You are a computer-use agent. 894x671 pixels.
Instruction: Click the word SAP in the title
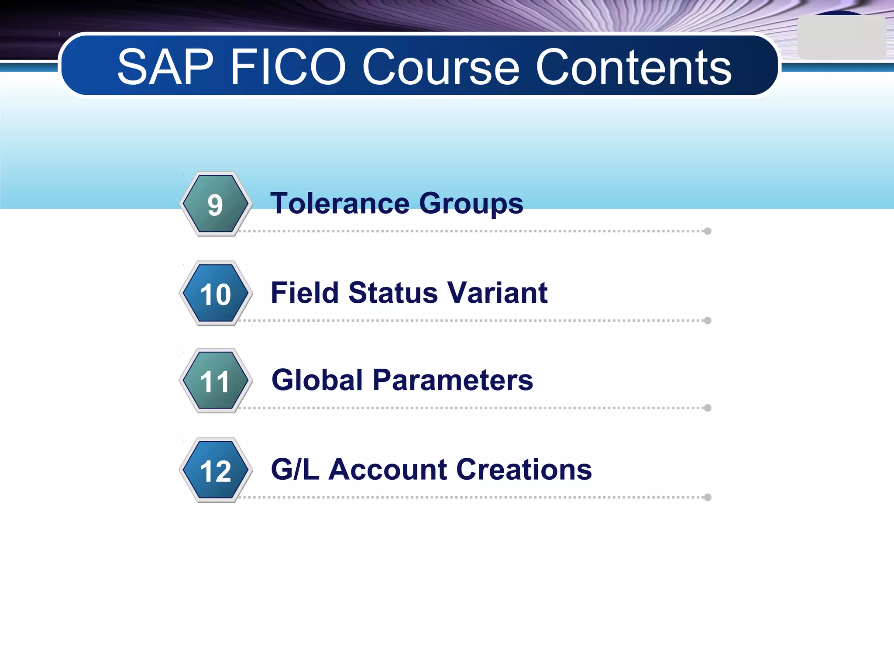165,67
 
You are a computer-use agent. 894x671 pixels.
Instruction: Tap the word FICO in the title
288,67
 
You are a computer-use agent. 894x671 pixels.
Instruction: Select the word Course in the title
441,67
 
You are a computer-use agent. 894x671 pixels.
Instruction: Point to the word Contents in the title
633,67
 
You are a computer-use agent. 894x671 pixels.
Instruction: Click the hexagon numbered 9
215,204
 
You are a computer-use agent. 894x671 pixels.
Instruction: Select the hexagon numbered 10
215,294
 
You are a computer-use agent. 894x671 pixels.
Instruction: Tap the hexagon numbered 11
215,381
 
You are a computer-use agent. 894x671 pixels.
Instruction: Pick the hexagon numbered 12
215,470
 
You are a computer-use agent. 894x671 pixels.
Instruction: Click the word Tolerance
340,204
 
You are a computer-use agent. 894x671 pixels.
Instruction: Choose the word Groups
471,204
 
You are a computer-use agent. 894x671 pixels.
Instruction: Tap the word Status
393,292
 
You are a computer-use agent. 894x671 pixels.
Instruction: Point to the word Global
317,380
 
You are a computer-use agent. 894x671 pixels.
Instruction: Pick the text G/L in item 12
295,469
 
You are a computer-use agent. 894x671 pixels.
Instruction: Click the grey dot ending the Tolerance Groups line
708,231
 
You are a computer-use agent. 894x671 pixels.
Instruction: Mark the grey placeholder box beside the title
841,38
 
